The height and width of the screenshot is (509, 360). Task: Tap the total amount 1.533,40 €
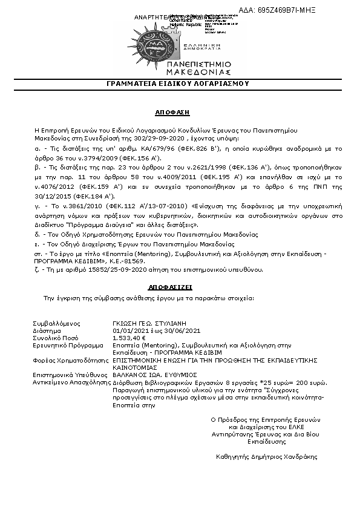pos(129,338)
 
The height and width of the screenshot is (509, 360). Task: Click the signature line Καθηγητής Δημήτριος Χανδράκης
pos(266,457)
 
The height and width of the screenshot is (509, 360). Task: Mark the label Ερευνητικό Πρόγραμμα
pos(65,344)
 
